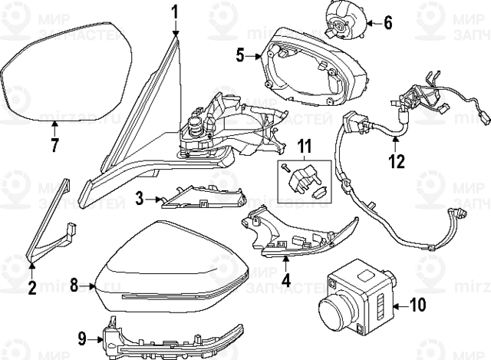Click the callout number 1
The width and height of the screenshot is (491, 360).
[174, 12]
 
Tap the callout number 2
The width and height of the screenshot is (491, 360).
[31, 289]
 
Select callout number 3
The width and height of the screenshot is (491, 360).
[140, 199]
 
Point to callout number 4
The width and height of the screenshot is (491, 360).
[285, 280]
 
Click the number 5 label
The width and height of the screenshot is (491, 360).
[240, 55]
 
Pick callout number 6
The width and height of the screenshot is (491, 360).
[387, 22]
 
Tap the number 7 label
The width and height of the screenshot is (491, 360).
[54, 147]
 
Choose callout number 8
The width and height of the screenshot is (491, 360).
[74, 286]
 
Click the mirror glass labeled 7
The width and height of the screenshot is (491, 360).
[65, 73]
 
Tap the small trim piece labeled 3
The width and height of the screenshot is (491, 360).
[188, 198]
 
